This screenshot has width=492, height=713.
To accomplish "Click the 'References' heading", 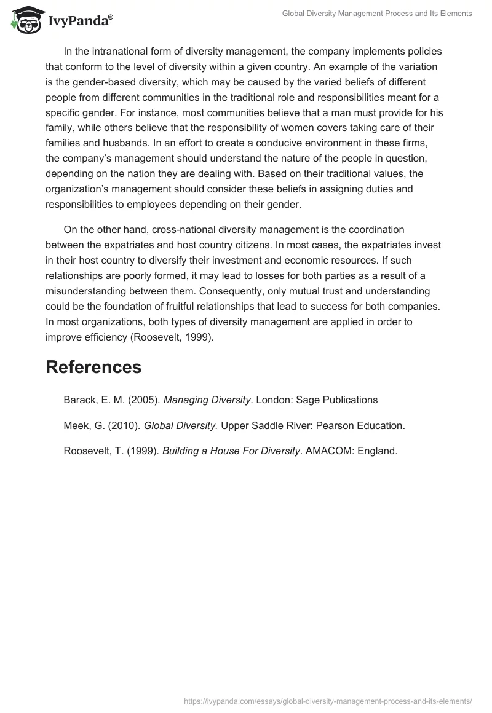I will point(93,367).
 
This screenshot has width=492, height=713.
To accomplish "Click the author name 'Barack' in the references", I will point(79,400).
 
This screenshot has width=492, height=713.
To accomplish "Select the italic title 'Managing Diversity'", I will point(207,400).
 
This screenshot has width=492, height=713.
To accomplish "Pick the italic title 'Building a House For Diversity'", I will point(231,451).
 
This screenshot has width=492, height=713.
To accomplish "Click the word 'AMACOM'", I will point(331,451).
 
